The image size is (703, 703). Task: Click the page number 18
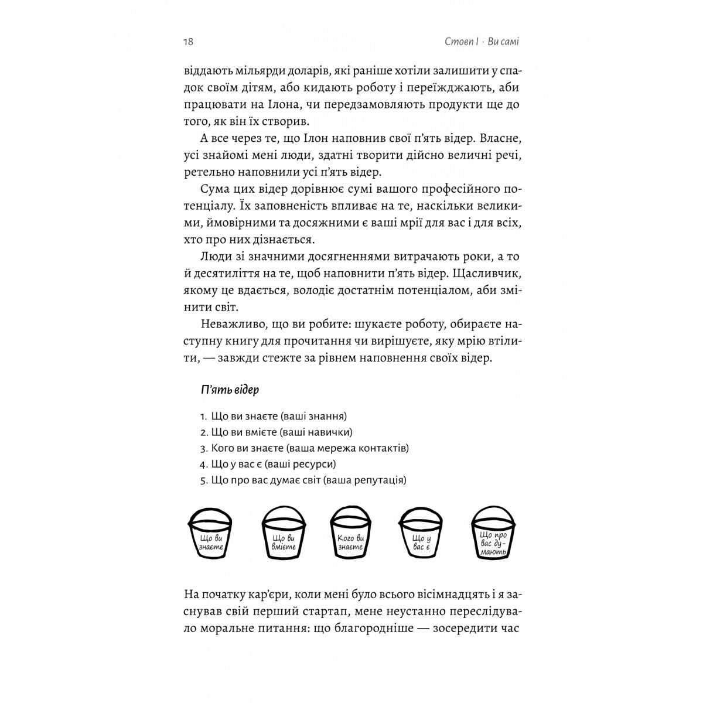(188, 42)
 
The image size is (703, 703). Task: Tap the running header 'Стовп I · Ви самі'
(478, 42)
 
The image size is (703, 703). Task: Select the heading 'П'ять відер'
(230, 390)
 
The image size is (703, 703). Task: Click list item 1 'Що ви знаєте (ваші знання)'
(273, 417)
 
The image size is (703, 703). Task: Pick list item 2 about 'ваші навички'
(276, 432)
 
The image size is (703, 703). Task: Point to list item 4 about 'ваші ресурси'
(268, 464)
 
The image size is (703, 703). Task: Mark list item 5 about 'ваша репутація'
(303, 480)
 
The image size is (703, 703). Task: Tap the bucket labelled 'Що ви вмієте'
(284, 536)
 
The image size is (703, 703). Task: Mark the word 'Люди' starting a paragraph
(214, 257)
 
